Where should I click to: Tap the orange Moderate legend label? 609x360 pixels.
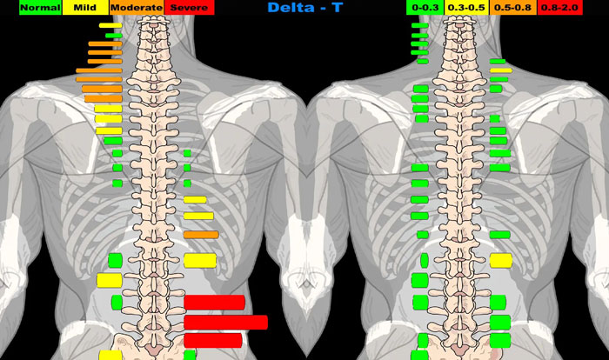(x=136, y=7)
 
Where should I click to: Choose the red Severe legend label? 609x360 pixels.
(x=188, y=7)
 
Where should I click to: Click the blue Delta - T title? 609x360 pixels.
(x=304, y=8)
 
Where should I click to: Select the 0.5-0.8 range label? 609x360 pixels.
(x=512, y=7)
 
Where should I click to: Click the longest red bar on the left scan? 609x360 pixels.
(x=225, y=322)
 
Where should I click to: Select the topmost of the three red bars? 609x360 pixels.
(x=213, y=303)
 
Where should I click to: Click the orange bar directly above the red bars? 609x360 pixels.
(x=200, y=235)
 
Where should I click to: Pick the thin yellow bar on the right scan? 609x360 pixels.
(x=500, y=70)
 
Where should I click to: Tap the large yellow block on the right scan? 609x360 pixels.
(x=500, y=260)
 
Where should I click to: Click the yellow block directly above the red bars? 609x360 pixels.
(x=199, y=260)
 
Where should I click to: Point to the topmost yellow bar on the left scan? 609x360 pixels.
(x=109, y=25)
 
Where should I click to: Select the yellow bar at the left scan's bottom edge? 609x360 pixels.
(x=110, y=355)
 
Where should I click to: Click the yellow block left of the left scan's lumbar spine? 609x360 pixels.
(x=109, y=281)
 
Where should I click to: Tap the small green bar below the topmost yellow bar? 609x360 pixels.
(x=113, y=35)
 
